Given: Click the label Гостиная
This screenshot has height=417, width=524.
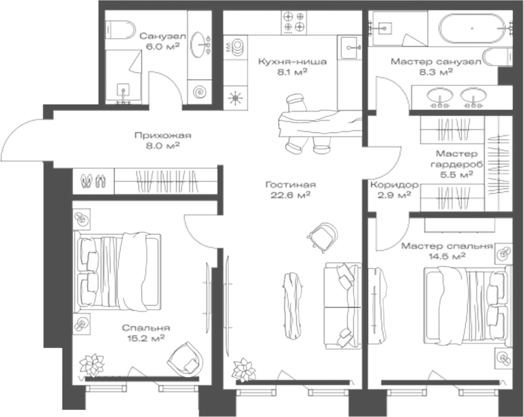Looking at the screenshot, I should pyautogui.click(x=290, y=184).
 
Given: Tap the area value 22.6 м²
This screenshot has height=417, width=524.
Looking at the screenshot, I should pyautogui.click(x=290, y=194).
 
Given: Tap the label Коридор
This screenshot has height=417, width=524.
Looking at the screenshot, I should pyautogui.click(x=390, y=185).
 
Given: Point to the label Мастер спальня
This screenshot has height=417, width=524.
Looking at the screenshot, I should pyautogui.click(x=446, y=246).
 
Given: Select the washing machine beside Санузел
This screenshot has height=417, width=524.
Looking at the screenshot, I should pyautogui.click(x=199, y=91).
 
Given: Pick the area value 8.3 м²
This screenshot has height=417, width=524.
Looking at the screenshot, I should pyautogui.click(x=436, y=72).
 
